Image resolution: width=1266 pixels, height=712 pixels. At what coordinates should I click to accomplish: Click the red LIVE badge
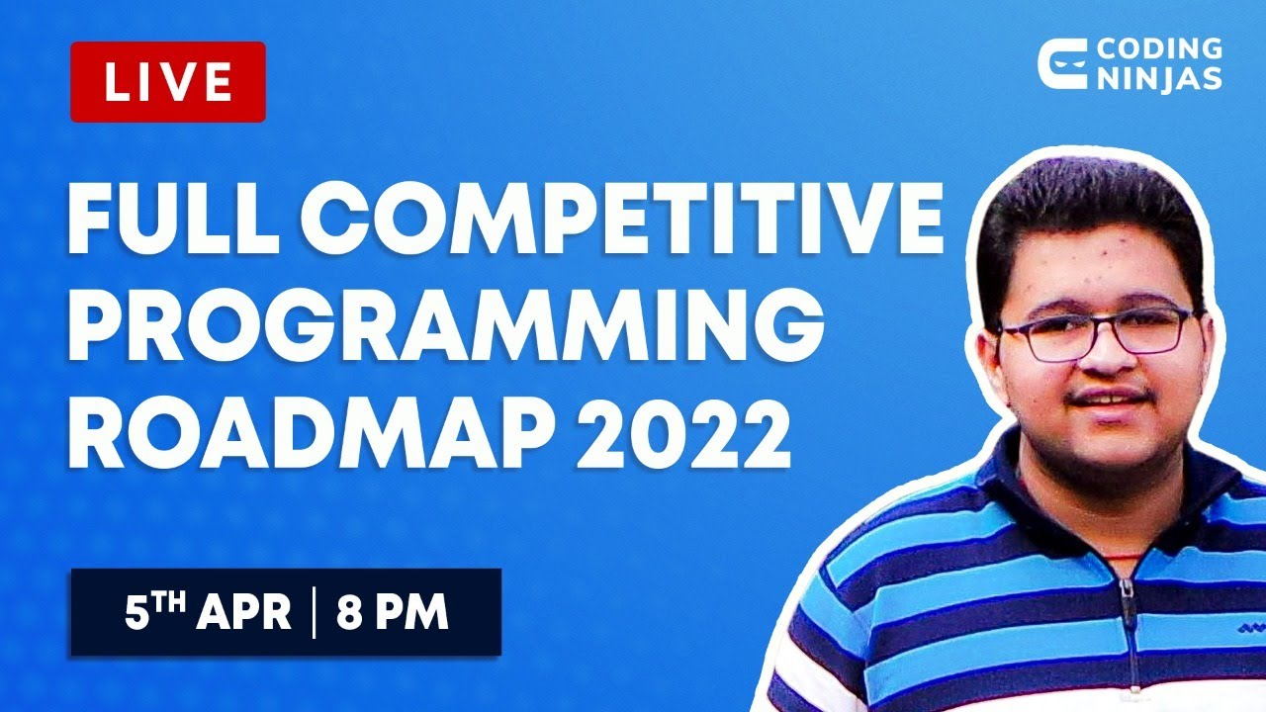coord(167,82)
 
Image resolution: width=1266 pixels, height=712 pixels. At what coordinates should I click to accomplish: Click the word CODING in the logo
coord(1160,49)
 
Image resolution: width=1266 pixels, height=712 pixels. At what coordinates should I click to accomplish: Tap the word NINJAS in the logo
coord(1159,78)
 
